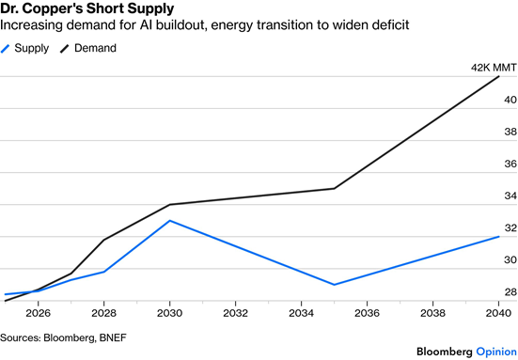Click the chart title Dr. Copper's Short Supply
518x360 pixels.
pyautogui.click(x=87, y=8)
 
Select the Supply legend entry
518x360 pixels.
pyautogui.click(x=24, y=48)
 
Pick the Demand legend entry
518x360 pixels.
pyautogui.click(x=88, y=48)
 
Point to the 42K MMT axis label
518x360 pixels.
pyautogui.click(x=494, y=68)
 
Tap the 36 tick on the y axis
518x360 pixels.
pyautogui.click(x=510, y=164)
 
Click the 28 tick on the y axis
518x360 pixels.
pyautogui.click(x=510, y=292)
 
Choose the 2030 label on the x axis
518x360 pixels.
pyautogui.click(x=169, y=313)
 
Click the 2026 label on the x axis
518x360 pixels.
pyautogui.click(x=38, y=313)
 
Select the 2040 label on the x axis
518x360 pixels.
pyautogui.click(x=498, y=313)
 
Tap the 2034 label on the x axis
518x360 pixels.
pyautogui.click(x=301, y=313)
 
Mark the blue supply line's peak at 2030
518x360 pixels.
pyautogui.click(x=169, y=221)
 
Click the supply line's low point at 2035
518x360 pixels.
pyautogui.click(x=334, y=285)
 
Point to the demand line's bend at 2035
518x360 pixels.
pyautogui.click(x=334, y=189)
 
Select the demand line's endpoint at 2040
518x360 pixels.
pyautogui.click(x=498, y=77)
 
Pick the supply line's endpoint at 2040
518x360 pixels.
pyautogui.click(x=498, y=237)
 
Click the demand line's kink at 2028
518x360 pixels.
pyautogui.click(x=103, y=240)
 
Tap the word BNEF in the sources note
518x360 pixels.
pyautogui.click(x=113, y=337)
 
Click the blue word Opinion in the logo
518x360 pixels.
pyautogui.click(x=496, y=352)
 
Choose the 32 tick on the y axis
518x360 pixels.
pyautogui.click(x=510, y=227)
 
